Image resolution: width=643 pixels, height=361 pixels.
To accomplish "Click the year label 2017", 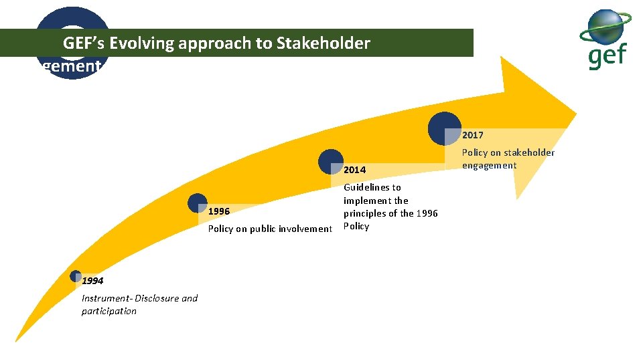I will click(x=472, y=135).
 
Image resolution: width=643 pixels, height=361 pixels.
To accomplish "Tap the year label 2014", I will click(x=354, y=170).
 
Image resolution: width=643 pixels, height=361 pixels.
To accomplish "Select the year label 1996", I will click(x=219, y=211).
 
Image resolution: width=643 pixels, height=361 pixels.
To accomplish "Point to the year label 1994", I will click(x=92, y=281).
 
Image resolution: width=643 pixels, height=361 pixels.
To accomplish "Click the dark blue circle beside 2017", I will click(x=444, y=128).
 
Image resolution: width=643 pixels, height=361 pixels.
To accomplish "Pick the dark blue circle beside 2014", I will click(x=331, y=162).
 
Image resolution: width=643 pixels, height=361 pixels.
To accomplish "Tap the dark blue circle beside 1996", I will click(x=198, y=203).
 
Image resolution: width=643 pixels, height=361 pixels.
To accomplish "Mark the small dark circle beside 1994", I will click(x=75, y=275).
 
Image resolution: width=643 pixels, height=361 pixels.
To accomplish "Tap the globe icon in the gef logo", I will click(x=605, y=27).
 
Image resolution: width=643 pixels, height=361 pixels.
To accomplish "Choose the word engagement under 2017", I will click(x=489, y=165).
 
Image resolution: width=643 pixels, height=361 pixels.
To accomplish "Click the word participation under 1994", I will click(x=109, y=311).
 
